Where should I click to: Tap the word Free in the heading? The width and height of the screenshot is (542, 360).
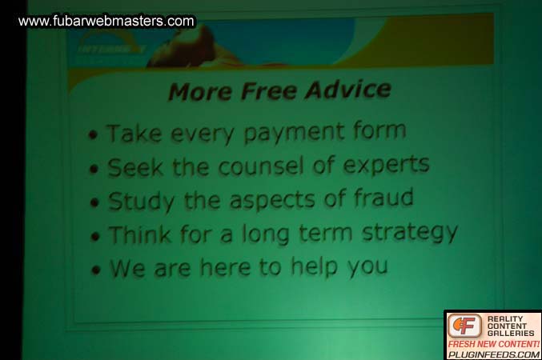coord(272,91)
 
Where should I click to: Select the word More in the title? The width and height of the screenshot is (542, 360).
coord(201,93)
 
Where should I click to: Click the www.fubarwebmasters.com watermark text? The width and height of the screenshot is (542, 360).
coord(106,22)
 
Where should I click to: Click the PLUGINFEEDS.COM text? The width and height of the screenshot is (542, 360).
coord(493,354)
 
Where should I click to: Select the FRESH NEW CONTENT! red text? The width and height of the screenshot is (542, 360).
coord(493,343)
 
